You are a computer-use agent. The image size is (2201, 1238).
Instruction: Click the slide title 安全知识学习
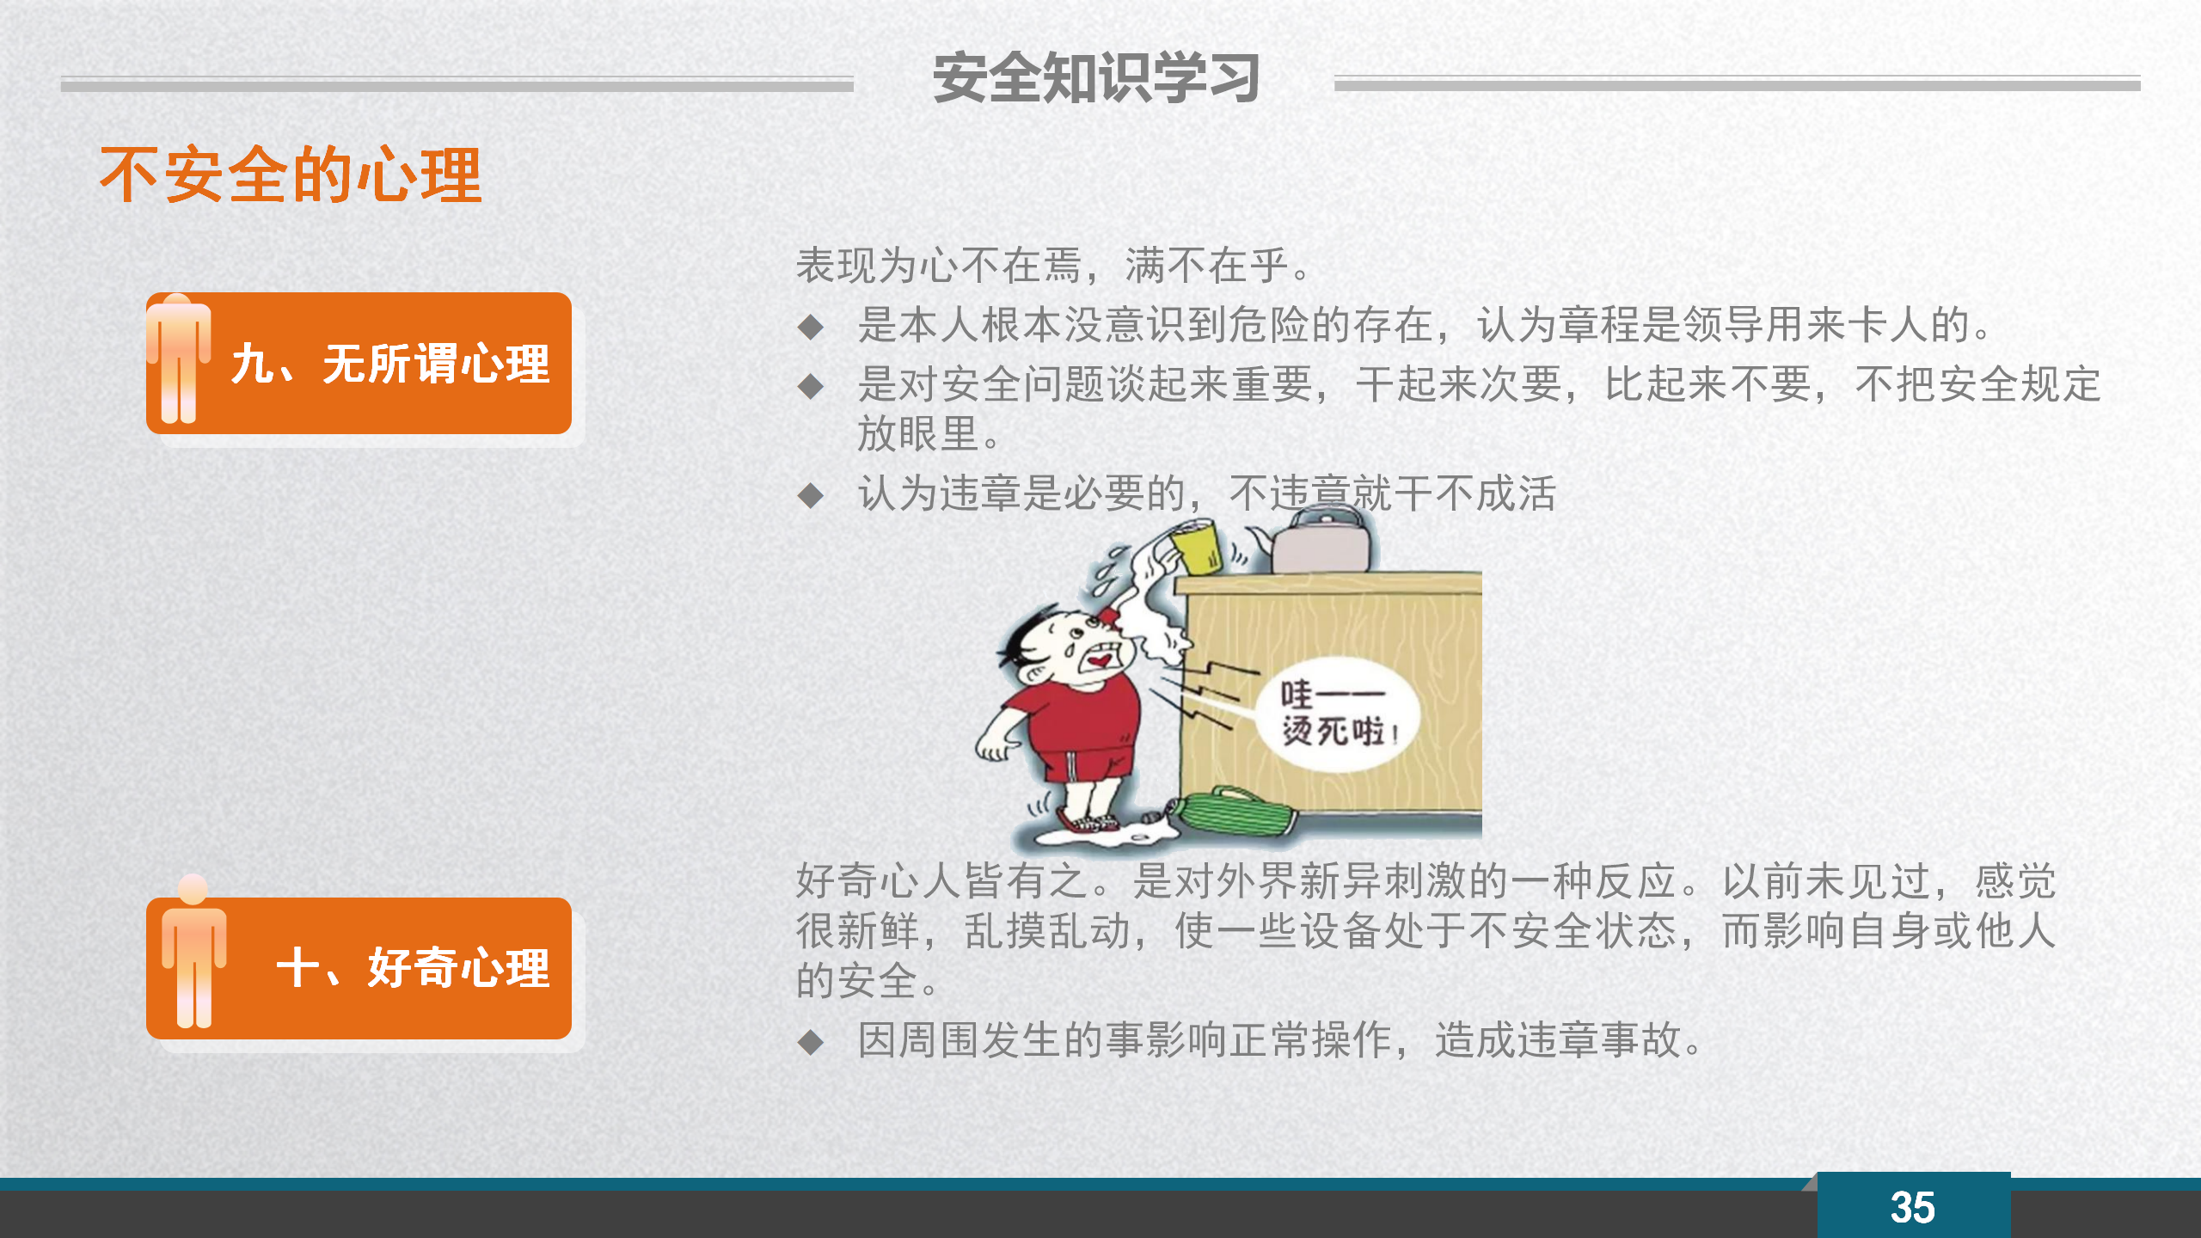click(x=1096, y=77)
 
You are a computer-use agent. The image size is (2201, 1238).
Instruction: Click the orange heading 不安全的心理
click(x=291, y=175)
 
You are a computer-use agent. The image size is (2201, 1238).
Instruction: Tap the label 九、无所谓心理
click(x=390, y=364)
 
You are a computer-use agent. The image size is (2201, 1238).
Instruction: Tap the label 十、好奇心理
click(x=413, y=968)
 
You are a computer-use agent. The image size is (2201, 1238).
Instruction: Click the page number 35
click(x=1913, y=1208)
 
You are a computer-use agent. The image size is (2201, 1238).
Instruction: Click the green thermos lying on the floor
click(x=1229, y=812)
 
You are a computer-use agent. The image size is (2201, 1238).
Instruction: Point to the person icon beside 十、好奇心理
click(x=193, y=951)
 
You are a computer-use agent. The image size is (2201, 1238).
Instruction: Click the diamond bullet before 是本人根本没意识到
click(x=811, y=327)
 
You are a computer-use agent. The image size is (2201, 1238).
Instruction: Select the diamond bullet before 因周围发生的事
click(x=811, y=1042)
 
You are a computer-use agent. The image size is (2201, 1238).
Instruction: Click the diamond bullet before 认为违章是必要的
click(x=811, y=495)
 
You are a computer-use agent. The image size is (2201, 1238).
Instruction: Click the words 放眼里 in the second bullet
click(x=918, y=433)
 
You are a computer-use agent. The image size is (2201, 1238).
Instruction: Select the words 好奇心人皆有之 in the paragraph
click(x=941, y=880)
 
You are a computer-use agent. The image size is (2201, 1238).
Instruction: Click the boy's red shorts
click(x=1085, y=765)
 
